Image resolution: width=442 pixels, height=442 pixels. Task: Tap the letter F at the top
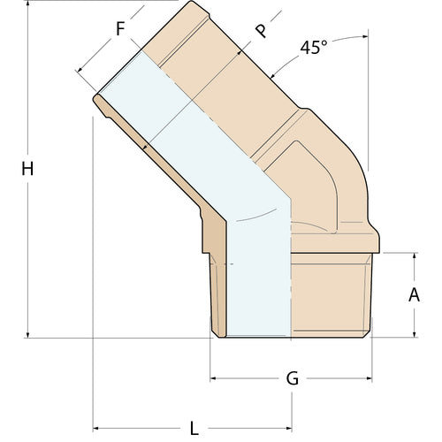tap(120, 28)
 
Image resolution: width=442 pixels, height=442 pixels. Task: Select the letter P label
tap(260, 31)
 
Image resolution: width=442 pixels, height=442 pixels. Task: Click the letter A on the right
tap(413, 295)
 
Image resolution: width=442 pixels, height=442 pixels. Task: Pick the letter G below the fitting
tap(293, 379)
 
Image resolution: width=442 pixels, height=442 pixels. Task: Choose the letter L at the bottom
tap(194, 429)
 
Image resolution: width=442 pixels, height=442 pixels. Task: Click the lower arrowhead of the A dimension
tap(413, 333)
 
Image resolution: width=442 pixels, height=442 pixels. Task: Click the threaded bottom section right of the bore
tap(331, 296)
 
